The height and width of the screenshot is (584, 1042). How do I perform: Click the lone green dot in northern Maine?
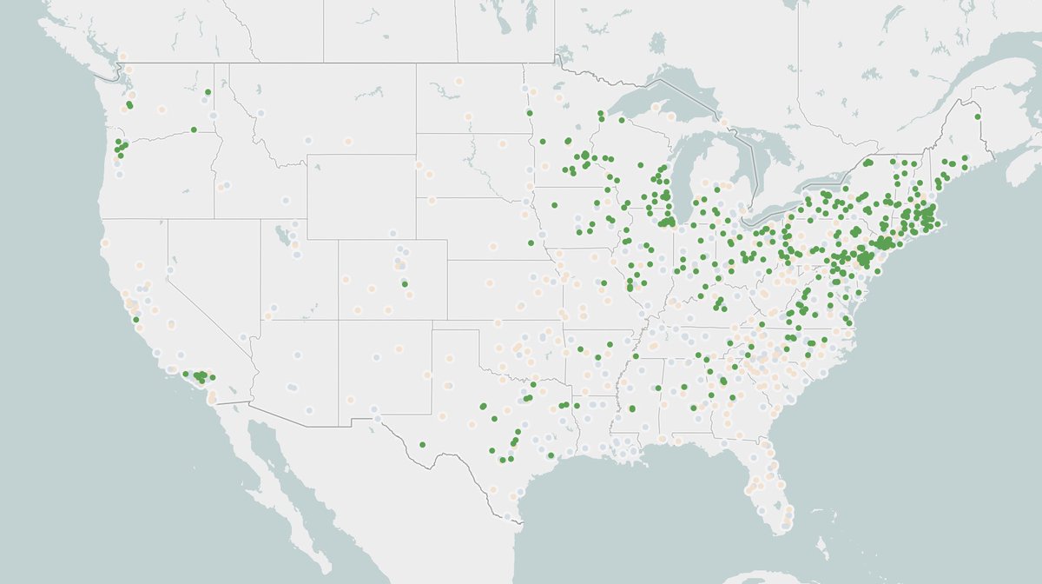[977, 116]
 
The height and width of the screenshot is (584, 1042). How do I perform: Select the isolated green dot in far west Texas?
[422, 445]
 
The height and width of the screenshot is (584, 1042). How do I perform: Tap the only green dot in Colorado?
[404, 283]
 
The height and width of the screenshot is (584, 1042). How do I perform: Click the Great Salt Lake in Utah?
[280, 235]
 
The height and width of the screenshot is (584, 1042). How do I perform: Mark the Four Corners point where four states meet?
[338, 320]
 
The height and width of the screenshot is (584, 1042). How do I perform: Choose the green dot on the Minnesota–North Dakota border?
[530, 112]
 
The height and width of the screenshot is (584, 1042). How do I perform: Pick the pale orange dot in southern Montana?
[348, 141]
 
